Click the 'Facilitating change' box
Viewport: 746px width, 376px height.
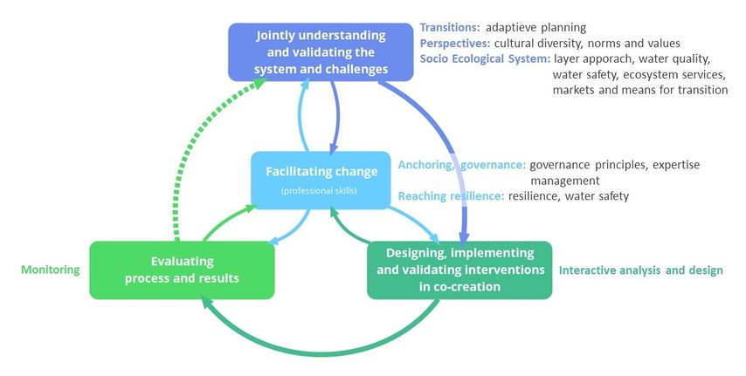[x=321, y=181]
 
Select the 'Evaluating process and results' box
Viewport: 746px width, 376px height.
[x=182, y=270]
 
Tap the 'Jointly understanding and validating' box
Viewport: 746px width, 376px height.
[x=321, y=51]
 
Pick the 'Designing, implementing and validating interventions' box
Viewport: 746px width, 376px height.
[x=459, y=270]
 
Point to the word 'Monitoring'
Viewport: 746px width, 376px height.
[x=51, y=270]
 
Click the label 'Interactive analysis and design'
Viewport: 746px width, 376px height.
[x=641, y=270]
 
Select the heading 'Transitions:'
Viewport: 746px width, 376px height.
[x=450, y=28]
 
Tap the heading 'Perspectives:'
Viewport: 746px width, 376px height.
[x=455, y=44]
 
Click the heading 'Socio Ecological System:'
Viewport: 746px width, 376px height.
[x=486, y=59]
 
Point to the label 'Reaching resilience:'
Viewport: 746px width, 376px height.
[x=451, y=195]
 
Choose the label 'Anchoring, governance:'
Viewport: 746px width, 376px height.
[x=462, y=165]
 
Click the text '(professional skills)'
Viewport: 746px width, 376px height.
[x=319, y=190]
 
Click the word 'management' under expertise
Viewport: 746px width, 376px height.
[x=564, y=181]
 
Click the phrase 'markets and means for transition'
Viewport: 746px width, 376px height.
[x=640, y=90]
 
